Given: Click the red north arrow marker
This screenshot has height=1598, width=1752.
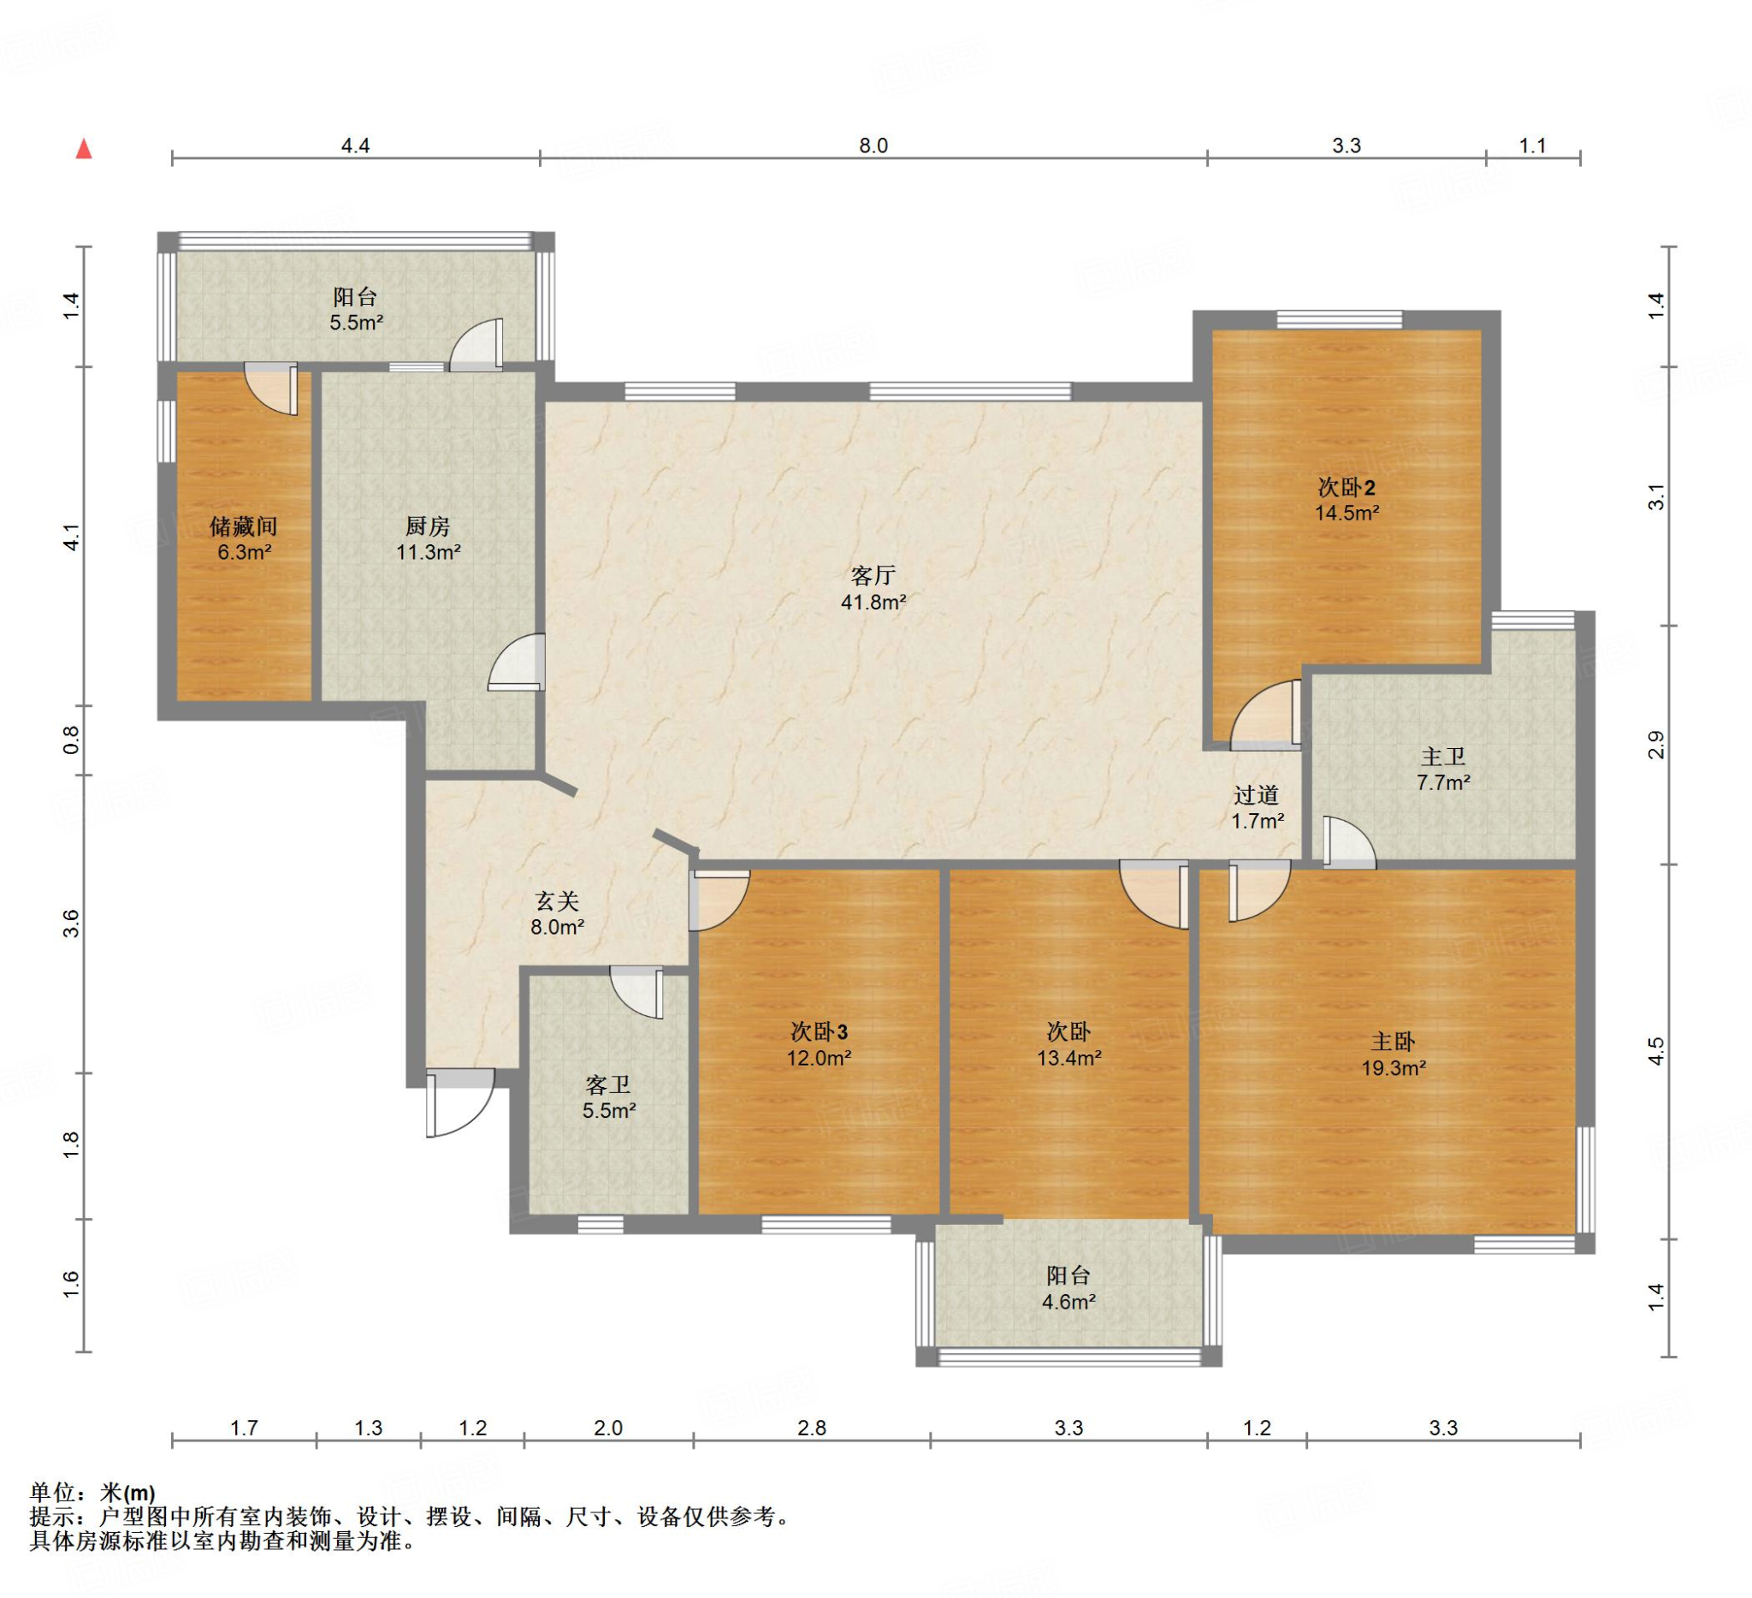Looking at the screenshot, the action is point(84,149).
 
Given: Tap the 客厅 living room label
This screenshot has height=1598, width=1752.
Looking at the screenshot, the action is point(873,575).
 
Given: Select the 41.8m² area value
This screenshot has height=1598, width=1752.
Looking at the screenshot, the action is point(873,602).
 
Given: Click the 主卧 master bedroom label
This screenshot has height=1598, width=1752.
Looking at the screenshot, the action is point(1393,1042).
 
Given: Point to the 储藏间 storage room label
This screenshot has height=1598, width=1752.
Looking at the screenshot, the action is point(243,526).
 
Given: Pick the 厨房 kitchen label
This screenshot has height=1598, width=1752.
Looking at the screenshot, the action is point(428,526).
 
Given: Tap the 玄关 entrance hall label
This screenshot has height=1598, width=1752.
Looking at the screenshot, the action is point(557,901).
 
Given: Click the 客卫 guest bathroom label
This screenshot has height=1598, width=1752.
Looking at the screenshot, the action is point(607,1085).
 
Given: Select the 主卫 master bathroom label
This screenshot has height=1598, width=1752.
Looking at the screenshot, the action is point(1442,757).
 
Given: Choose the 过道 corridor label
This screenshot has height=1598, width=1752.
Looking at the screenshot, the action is point(1256,794).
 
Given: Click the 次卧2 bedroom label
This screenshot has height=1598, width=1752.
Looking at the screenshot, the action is point(1347,487).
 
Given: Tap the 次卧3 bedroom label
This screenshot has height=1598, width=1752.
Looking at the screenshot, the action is point(819,1032).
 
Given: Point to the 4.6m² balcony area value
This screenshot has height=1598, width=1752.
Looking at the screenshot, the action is point(1068,1302).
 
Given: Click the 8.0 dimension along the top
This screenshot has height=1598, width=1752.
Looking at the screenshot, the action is point(873,146).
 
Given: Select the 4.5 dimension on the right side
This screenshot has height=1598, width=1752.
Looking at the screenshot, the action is point(1656,1050).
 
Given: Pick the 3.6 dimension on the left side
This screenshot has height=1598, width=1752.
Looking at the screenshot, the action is point(71,923).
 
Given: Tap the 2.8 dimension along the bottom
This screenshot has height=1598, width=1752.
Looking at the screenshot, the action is point(812,1428).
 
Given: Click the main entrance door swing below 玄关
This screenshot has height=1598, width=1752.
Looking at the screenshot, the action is point(460,1102).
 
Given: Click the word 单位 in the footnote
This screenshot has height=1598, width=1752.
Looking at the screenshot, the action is point(53,1493).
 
